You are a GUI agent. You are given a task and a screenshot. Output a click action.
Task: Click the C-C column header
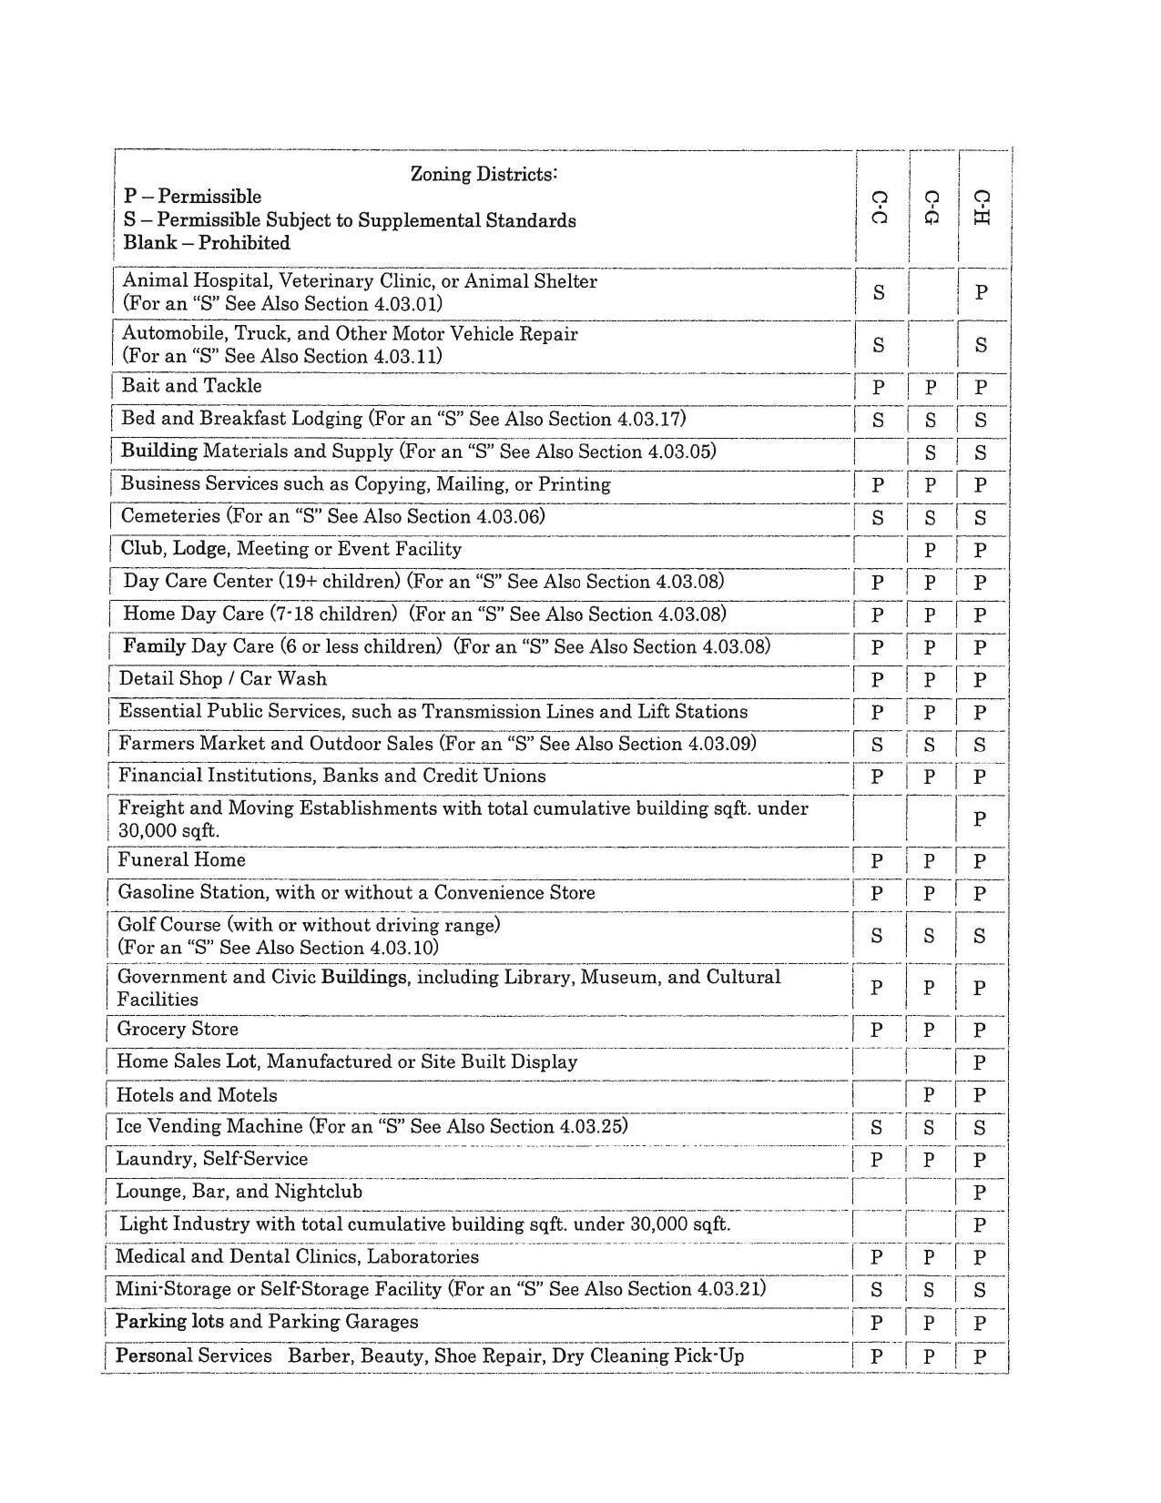(x=879, y=208)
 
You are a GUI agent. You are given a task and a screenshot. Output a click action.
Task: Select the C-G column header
(x=930, y=208)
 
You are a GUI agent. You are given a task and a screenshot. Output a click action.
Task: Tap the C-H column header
(x=981, y=208)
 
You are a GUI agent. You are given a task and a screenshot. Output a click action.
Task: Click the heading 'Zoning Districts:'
(x=484, y=173)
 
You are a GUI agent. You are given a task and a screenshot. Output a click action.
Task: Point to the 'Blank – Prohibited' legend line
(x=207, y=243)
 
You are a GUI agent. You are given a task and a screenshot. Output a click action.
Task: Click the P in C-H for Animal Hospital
(x=981, y=292)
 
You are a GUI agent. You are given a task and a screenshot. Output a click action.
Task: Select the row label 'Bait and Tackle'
(x=191, y=386)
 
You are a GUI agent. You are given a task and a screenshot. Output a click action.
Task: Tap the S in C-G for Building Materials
(x=930, y=452)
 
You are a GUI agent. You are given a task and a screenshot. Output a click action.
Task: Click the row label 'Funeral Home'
(x=181, y=860)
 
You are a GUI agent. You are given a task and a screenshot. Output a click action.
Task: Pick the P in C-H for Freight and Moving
(x=980, y=819)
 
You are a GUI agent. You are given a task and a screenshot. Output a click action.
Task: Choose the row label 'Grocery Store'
(x=178, y=1030)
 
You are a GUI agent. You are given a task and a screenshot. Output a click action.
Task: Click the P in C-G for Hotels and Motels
(x=929, y=1095)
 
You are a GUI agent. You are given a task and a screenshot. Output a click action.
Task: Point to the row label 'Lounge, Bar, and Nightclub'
(x=239, y=1192)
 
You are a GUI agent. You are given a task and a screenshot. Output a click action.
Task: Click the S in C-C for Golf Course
(x=876, y=936)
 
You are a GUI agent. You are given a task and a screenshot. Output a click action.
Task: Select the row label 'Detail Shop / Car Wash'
(x=222, y=679)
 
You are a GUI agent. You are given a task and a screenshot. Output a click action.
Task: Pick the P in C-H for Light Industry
(x=980, y=1225)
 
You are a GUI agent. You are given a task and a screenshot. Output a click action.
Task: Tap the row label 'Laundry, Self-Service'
(x=211, y=1159)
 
